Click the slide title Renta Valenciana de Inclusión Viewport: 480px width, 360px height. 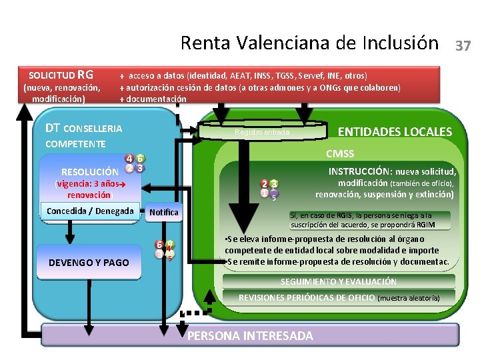pos(310,43)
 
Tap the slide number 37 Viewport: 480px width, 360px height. pos(463,46)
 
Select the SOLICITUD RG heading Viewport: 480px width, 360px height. pos(61,75)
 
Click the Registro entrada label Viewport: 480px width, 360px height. pos(263,132)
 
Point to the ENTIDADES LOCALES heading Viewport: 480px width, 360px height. pos(395,132)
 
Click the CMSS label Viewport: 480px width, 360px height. pos(340,155)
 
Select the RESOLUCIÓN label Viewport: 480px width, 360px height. pos(90,171)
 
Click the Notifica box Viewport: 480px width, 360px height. pos(164,213)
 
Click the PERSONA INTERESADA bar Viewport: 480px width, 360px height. pos(250,335)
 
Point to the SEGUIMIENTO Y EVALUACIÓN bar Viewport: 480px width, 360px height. pos(338,282)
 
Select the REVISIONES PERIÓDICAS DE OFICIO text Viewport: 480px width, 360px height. pos(307,297)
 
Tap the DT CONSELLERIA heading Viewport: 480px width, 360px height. pos(83,128)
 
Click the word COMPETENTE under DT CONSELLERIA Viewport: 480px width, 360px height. pos(75,144)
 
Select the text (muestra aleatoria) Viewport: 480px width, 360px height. pos(409,298)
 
